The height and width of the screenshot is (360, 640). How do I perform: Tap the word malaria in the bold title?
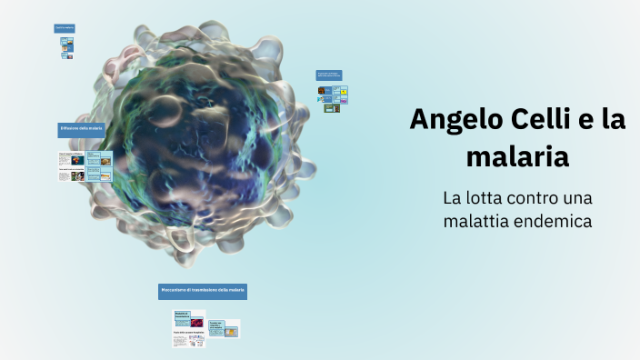coord(517,156)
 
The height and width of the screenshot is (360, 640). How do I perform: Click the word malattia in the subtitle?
coord(477,220)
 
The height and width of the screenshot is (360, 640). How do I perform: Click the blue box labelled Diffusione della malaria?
coord(82,129)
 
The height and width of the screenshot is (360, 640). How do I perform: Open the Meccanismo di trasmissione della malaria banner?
coord(203,291)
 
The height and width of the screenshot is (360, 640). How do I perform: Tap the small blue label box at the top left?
coord(64,28)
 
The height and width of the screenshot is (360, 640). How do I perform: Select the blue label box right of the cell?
coord(329,75)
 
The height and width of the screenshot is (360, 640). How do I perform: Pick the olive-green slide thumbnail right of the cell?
coord(333,108)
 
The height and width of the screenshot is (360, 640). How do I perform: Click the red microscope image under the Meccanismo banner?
coord(195,323)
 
